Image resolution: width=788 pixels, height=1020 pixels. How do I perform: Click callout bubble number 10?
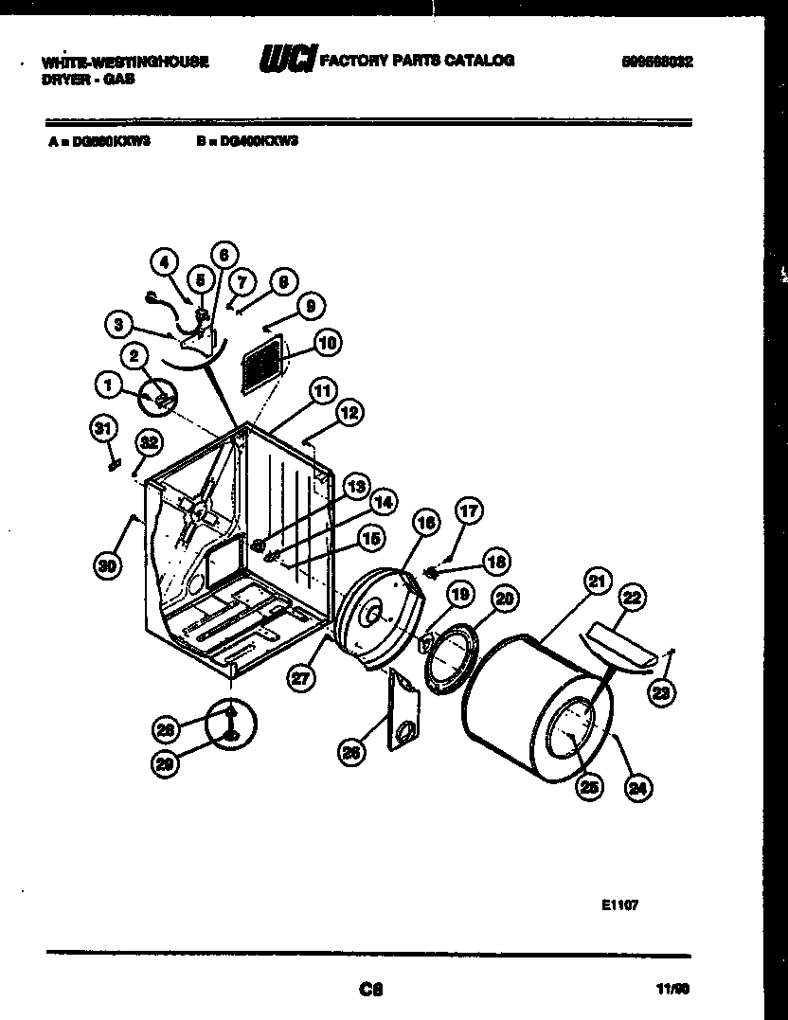pyautogui.click(x=327, y=343)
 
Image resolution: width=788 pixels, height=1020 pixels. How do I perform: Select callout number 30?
pyautogui.click(x=109, y=565)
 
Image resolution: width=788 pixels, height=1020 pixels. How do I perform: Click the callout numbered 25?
pyautogui.click(x=588, y=785)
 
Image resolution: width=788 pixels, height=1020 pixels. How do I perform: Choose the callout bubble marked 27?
pyautogui.click(x=300, y=676)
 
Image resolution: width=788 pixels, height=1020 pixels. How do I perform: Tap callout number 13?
pyautogui.click(x=355, y=487)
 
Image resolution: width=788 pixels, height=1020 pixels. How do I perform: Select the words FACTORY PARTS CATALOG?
pyautogui.click(x=418, y=61)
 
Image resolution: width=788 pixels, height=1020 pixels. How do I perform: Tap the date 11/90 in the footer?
pyautogui.click(x=672, y=990)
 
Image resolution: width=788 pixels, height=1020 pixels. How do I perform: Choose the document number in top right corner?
pyautogui.click(x=657, y=62)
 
